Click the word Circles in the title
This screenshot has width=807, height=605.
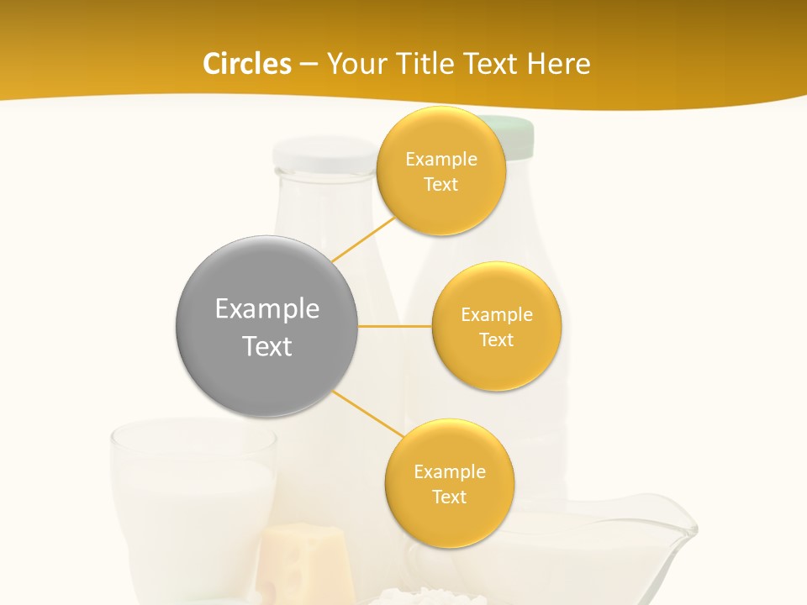[x=246, y=64]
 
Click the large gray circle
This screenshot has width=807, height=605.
[x=266, y=326]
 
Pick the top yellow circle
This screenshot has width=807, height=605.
[x=440, y=171]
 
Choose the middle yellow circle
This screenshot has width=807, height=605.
[x=496, y=326]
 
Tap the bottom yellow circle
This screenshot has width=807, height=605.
[x=449, y=483]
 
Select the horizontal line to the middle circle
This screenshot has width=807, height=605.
[x=394, y=326]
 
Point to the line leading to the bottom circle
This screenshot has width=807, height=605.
[x=368, y=414]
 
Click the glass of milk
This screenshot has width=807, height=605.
[x=193, y=496]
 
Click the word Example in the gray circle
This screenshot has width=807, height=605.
[x=266, y=308]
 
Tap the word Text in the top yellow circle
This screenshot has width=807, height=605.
[x=440, y=185]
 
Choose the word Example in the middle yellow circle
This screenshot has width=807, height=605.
[x=496, y=315]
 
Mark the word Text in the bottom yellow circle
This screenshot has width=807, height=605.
[x=449, y=497]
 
